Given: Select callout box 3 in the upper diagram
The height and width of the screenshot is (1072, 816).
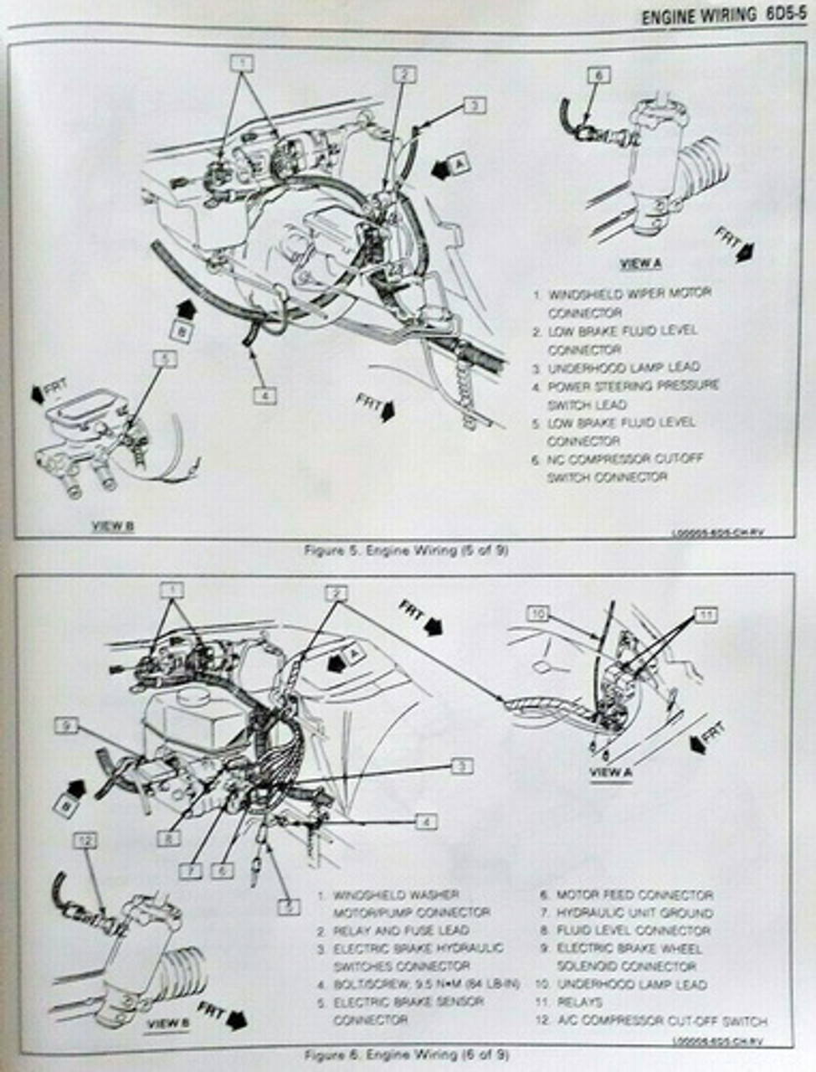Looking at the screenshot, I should pyautogui.click(x=474, y=106).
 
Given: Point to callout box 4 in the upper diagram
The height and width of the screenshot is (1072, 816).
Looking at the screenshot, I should pyautogui.click(x=264, y=394).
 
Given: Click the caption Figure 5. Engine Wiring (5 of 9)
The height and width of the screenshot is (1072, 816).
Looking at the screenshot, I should pyautogui.click(x=407, y=550).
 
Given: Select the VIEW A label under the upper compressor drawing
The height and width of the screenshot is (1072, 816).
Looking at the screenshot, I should pyautogui.click(x=641, y=263).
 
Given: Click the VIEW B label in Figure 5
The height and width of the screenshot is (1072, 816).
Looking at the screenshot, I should pyautogui.click(x=112, y=526).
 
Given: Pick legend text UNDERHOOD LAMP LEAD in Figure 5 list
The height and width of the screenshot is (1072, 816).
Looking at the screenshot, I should pyautogui.click(x=624, y=368).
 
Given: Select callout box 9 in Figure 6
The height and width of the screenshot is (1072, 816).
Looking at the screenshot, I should pyautogui.click(x=66, y=725).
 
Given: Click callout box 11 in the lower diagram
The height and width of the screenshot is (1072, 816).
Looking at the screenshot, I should pyautogui.click(x=707, y=616).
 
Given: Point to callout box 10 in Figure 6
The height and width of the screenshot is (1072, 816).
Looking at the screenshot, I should pyautogui.click(x=538, y=614).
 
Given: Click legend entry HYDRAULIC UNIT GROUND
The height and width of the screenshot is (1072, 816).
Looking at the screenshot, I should pyautogui.click(x=635, y=913).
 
